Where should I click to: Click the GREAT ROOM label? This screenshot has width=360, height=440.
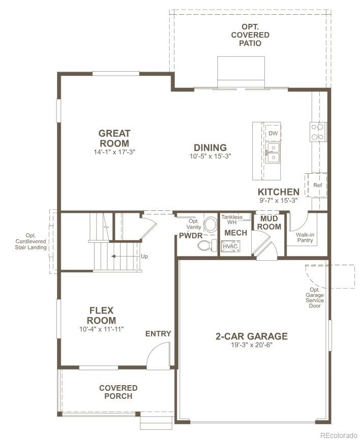tap(114, 138)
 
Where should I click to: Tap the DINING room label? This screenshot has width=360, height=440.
tap(209, 148)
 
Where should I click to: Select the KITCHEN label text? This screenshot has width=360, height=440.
tap(278, 192)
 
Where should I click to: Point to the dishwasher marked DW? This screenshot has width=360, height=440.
tap(273, 134)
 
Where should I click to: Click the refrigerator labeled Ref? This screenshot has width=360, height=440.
tap(317, 185)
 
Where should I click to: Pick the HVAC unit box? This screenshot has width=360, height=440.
tap(230, 246)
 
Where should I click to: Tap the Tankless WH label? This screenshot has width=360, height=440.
tap(232, 219)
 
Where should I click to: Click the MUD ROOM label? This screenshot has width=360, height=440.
tap(269, 223)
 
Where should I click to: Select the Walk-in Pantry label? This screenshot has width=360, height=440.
tap(305, 237)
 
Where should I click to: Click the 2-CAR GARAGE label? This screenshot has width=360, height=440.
tap(252, 336)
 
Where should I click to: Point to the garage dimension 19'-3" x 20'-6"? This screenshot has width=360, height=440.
tap(252, 345)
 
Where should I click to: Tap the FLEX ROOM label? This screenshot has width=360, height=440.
tap(101, 315)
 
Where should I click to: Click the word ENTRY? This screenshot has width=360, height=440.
tap(158, 334)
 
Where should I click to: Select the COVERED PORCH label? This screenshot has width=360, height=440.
tap(118, 392)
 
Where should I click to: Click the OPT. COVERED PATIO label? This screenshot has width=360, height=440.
tap(250, 35)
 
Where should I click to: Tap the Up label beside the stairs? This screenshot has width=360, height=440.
tap(145, 257)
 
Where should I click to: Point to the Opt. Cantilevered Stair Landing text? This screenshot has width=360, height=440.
tap(31, 241)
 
